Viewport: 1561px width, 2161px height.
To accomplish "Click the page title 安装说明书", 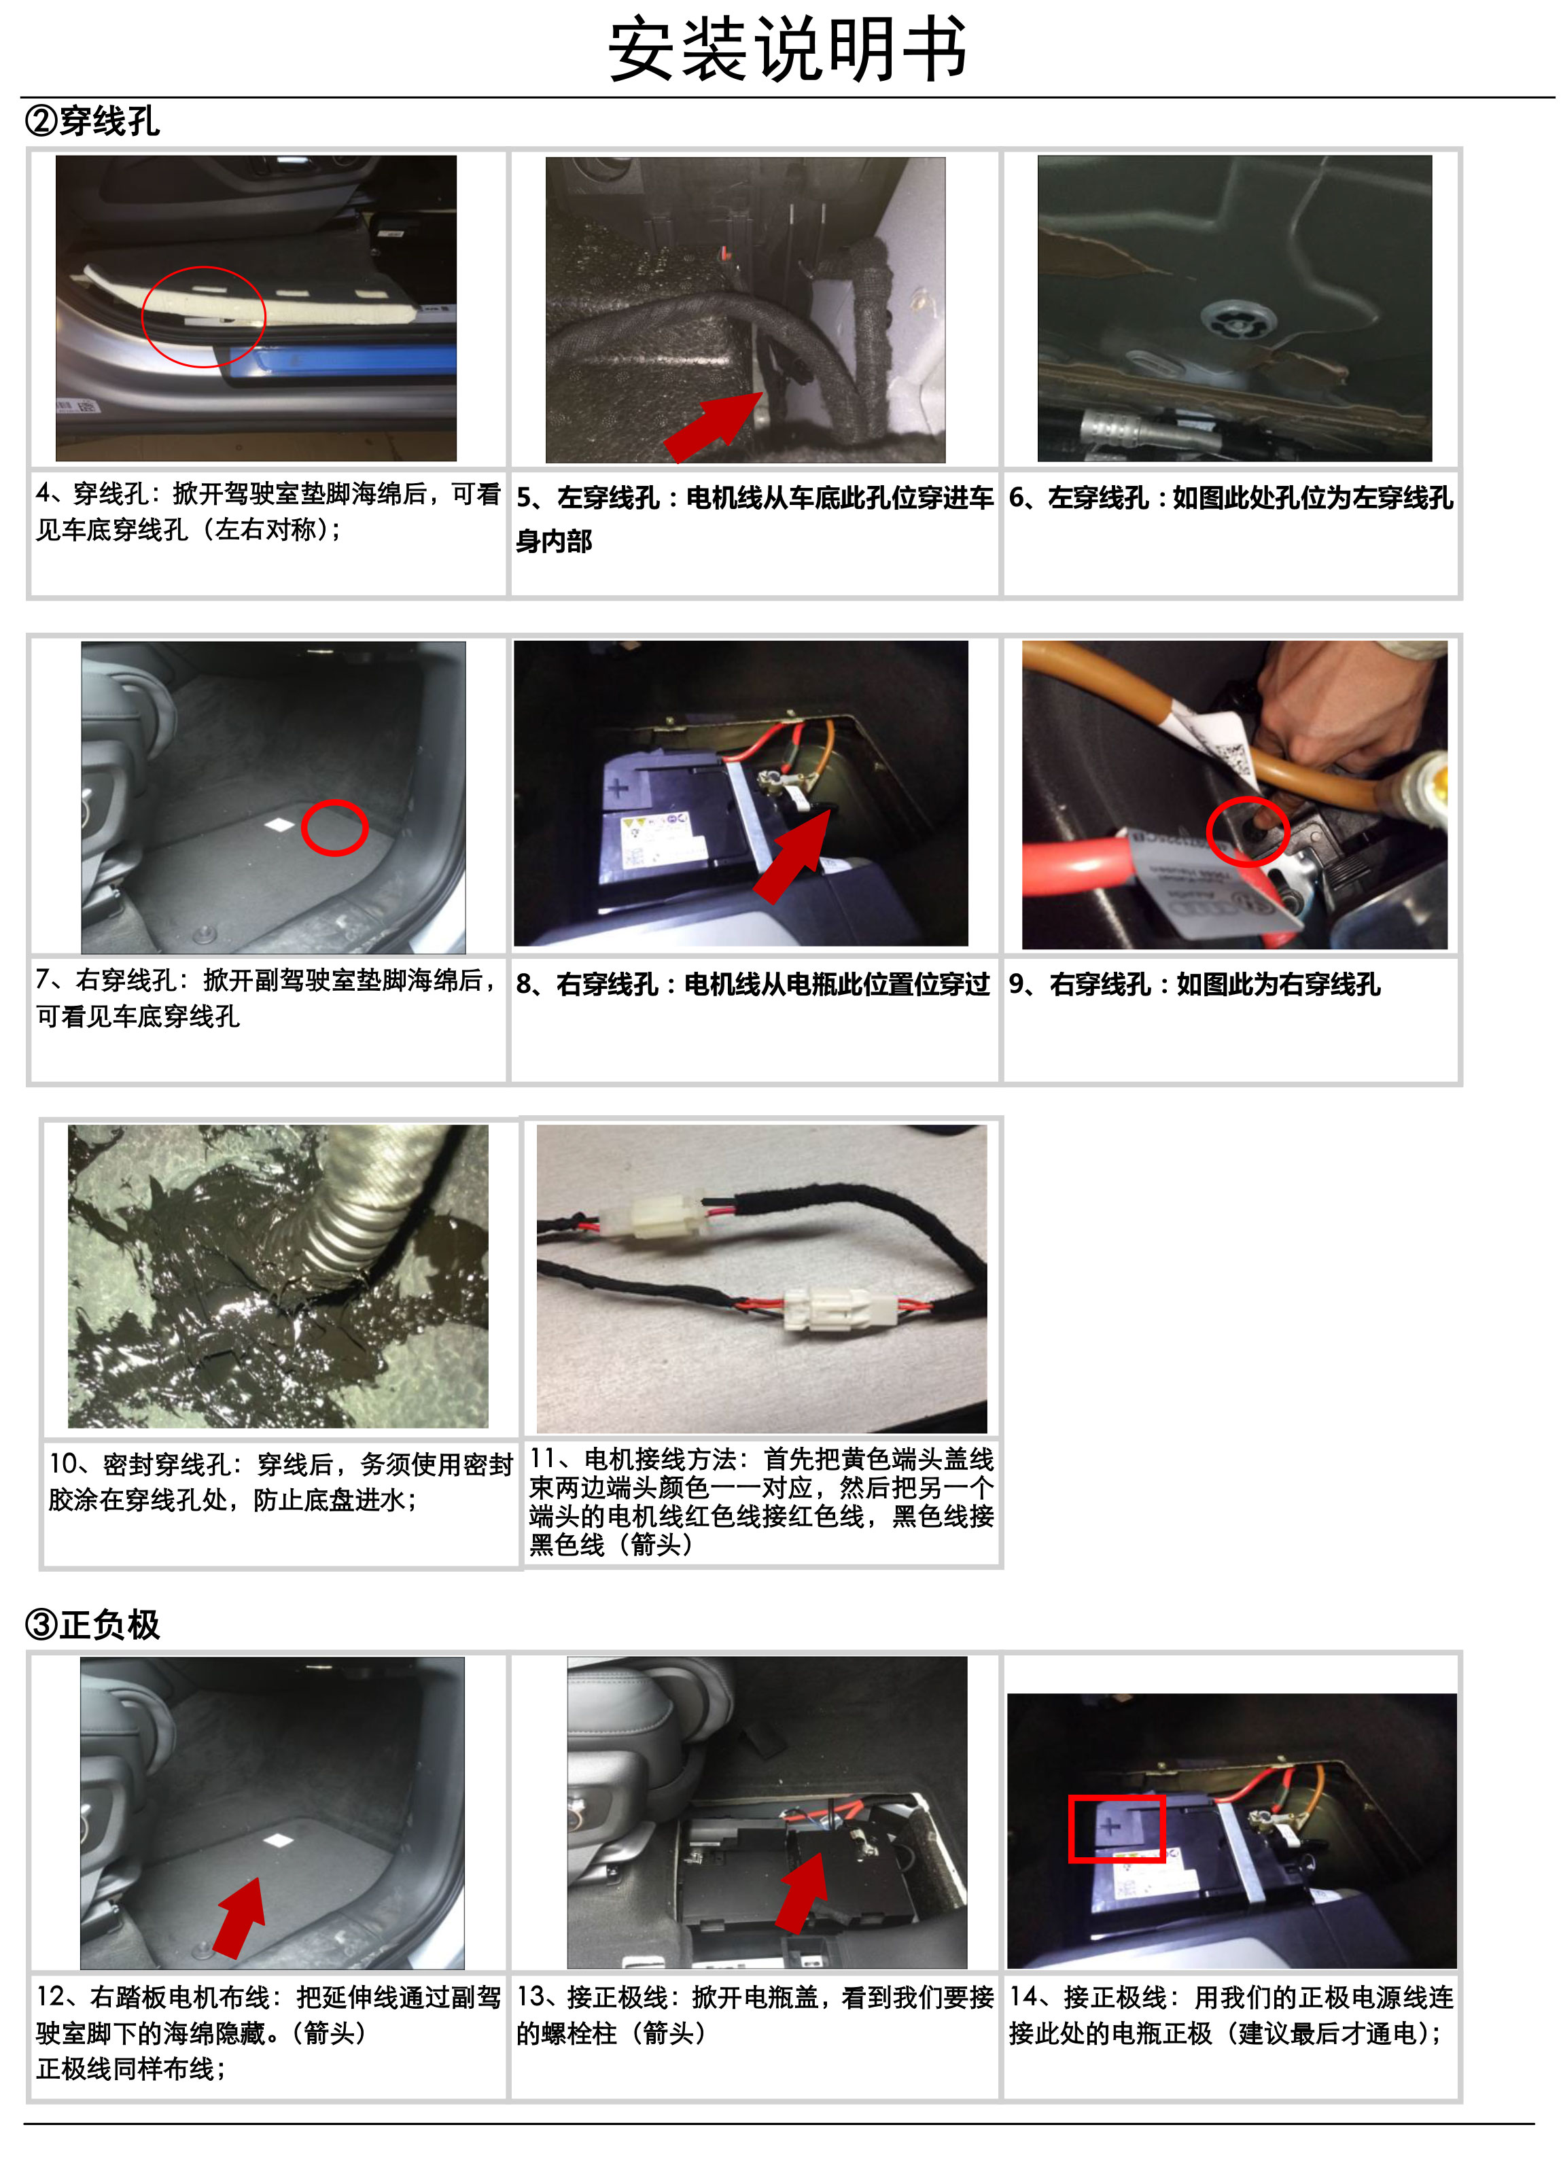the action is tap(787, 50).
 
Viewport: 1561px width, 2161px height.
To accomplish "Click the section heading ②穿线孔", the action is tap(92, 122).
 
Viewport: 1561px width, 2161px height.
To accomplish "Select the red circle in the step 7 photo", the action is tap(303, 828).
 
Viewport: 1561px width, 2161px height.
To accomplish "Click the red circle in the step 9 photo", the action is tap(1208, 831).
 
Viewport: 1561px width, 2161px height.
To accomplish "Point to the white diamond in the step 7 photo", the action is tap(279, 824).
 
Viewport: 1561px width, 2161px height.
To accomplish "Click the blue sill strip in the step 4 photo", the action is tap(334, 364).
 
